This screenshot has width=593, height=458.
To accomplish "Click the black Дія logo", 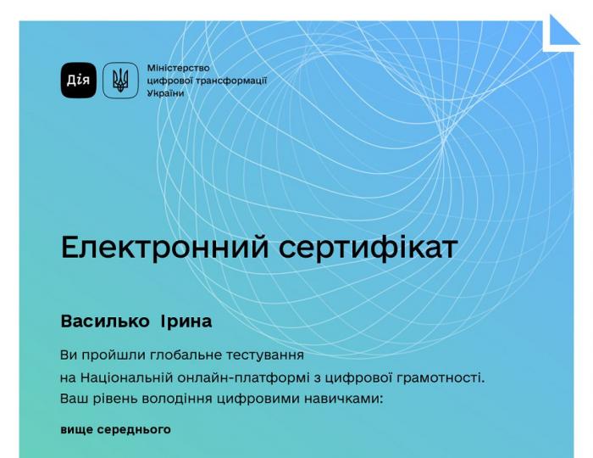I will pos(78,81).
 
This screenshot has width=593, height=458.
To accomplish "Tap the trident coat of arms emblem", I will pos(120,81).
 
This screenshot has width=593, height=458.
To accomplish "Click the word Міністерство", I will pos(178,68).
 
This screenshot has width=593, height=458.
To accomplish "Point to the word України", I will pos(165,93).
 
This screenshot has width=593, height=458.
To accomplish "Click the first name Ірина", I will pos(186,322).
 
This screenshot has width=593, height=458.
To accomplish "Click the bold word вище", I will pos(75,429).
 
